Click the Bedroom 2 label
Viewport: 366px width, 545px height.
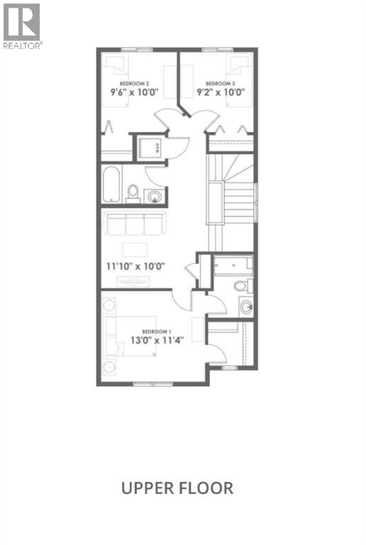click(x=133, y=83)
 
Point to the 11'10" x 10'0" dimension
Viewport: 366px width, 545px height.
click(x=135, y=267)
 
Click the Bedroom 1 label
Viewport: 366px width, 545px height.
click(x=156, y=331)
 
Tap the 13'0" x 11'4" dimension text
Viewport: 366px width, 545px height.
click(x=156, y=341)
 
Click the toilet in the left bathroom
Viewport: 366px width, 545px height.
click(x=133, y=192)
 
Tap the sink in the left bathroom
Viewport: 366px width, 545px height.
click(x=154, y=194)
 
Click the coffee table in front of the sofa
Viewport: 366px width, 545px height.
click(x=134, y=249)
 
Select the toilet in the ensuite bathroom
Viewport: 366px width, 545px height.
click(x=241, y=286)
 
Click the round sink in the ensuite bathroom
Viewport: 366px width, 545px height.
click(x=245, y=307)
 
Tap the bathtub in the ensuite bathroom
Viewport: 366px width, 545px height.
click(x=233, y=266)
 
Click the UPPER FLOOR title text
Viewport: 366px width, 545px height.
click(x=177, y=488)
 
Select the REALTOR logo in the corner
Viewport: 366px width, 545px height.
click(x=22, y=25)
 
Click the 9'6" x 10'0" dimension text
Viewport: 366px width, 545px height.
click(x=134, y=92)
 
